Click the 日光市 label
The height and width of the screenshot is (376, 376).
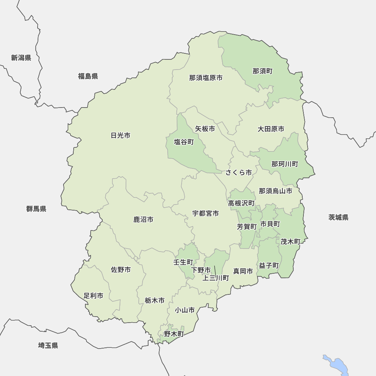pyautogui.click(x=121, y=136)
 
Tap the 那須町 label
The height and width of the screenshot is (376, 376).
pyautogui.click(x=262, y=71)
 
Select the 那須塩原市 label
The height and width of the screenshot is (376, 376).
pyautogui.click(x=206, y=78)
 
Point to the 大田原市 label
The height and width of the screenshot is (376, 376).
pyautogui.click(x=271, y=129)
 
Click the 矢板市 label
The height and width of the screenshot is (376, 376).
pyautogui.click(x=205, y=129)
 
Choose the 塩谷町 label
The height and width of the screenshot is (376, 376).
pyautogui.click(x=184, y=142)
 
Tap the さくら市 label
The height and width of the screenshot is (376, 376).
pyautogui.click(x=239, y=173)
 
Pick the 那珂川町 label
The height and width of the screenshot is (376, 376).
pyautogui.click(x=285, y=164)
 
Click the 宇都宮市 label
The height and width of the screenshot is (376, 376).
pyautogui.click(x=206, y=214)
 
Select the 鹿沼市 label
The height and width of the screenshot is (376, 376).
pyautogui.click(x=143, y=220)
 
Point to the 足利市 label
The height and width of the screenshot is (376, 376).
pyautogui.click(x=93, y=296)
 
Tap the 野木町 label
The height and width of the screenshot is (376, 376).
pyautogui.click(x=174, y=334)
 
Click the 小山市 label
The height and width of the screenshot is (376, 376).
pyautogui.click(x=185, y=310)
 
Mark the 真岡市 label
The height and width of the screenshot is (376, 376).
pyautogui.click(x=243, y=271)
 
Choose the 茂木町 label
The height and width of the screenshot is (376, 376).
pyautogui.click(x=290, y=242)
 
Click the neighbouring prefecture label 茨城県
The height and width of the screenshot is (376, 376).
pyautogui.click(x=338, y=218)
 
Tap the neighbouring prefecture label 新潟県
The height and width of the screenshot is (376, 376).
pyautogui.click(x=21, y=58)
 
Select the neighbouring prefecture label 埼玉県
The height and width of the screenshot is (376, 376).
pyautogui.click(x=48, y=346)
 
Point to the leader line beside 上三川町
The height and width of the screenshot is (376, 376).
pyautogui.click(x=215, y=270)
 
